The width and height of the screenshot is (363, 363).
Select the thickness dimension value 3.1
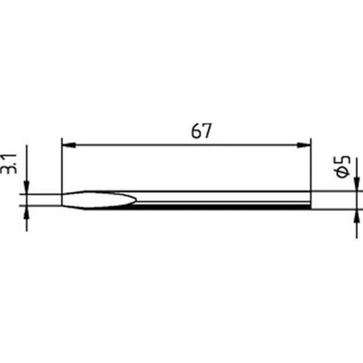point(11,167)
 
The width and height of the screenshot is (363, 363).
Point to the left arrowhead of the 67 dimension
point(68,145)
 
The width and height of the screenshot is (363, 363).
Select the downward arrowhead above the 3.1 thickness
point(27,189)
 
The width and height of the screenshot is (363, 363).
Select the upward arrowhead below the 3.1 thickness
point(27,211)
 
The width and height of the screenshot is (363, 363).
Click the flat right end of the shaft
point(310,200)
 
